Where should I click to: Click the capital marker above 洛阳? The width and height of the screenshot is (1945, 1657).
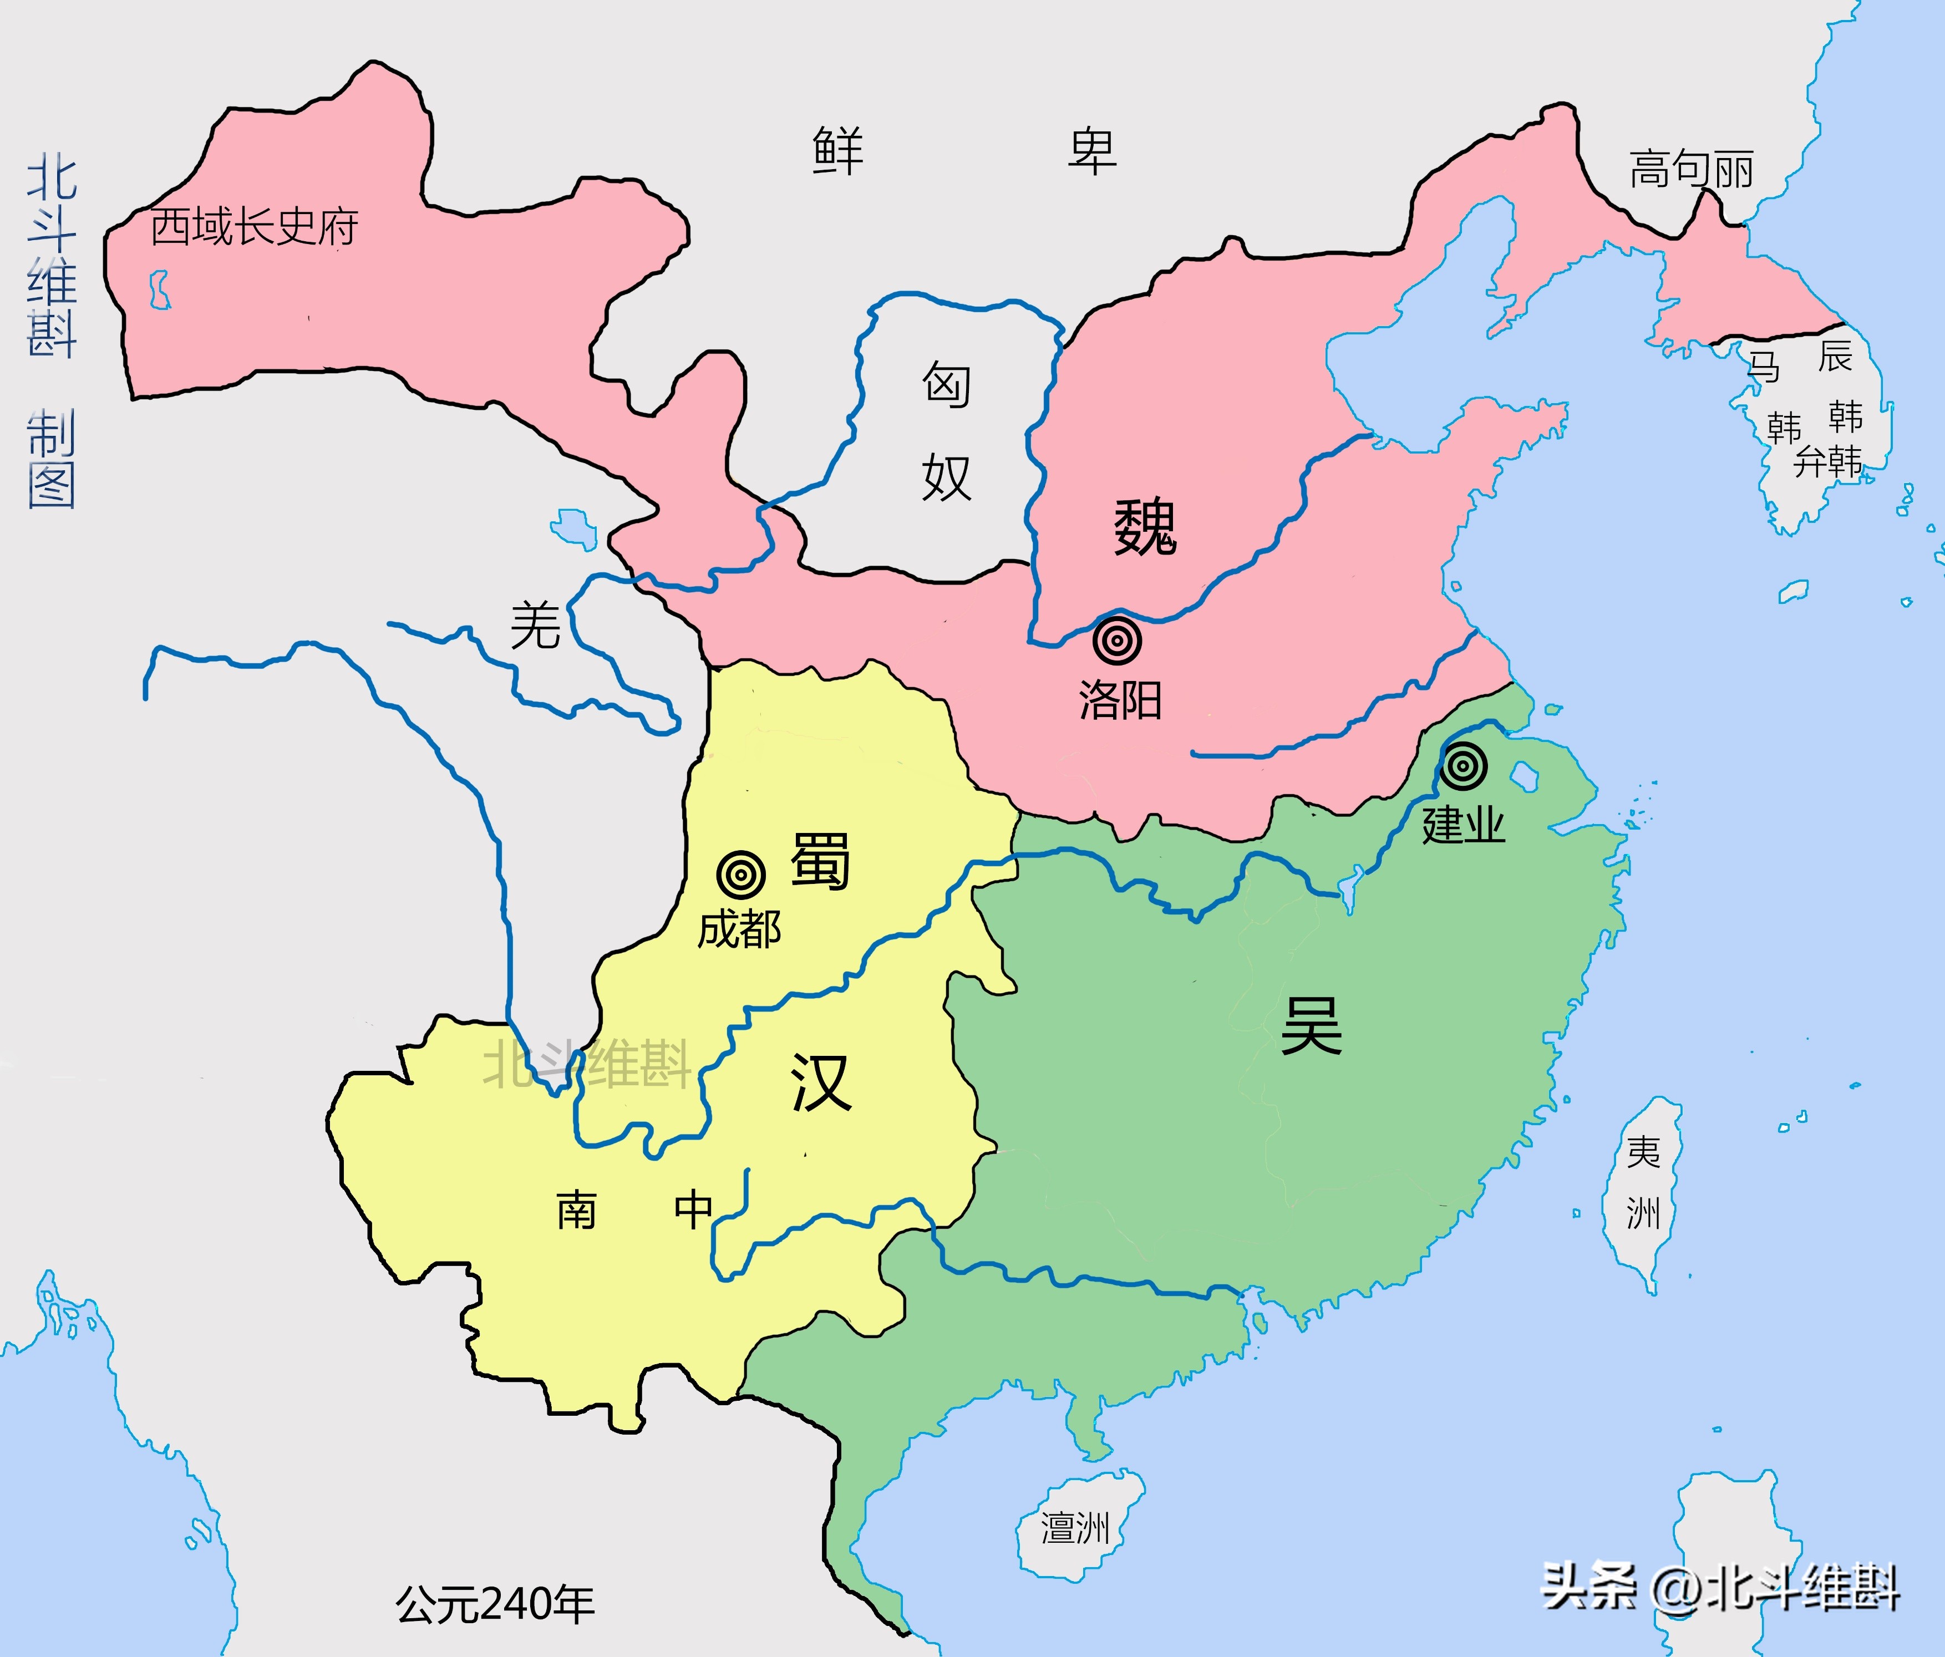point(1117,641)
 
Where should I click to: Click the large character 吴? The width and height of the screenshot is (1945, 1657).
point(1312,1025)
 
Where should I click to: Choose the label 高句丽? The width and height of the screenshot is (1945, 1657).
point(1690,170)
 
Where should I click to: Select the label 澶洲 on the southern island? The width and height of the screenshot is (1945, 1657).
point(1076,1527)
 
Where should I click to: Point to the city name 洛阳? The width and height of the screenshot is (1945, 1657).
point(1120,700)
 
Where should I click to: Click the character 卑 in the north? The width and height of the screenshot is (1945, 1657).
point(1091,151)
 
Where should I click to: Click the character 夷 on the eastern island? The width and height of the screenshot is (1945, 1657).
point(1644,1152)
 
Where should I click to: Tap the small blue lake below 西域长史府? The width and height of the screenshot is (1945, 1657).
point(160,289)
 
